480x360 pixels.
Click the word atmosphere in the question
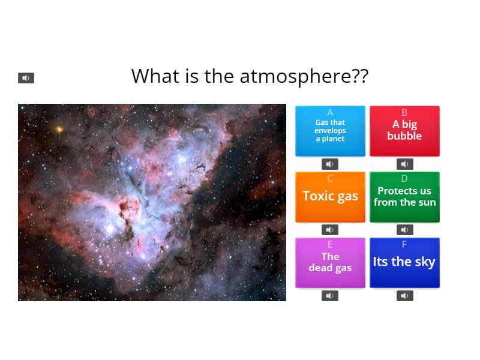click(x=304, y=76)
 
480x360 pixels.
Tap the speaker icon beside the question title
click(x=26, y=78)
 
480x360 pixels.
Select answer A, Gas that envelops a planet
click(x=330, y=131)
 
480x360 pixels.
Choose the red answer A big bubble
click(x=404, y=131)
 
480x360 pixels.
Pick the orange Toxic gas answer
click(x=330, y=196)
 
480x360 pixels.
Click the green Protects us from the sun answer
click(x=404, y=197)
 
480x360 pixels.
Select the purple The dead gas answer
click(x=330, y=262)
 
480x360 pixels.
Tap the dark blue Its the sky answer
click(x=404, y=262)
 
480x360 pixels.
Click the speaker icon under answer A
click(x=330, y=164)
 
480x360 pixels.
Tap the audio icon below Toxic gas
click(x=330, y=230)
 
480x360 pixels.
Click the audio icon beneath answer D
click(x=405, y=230)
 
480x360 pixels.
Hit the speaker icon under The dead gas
click(x=330, y=296)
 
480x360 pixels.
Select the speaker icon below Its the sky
click(x=405, y=296)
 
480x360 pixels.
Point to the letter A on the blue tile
click(x=330, y=113)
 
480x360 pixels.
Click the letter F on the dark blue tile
click(x=404, y=244)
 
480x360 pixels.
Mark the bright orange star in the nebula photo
click(x=59, y=129)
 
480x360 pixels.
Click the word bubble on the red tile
click(x=404, y=136)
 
